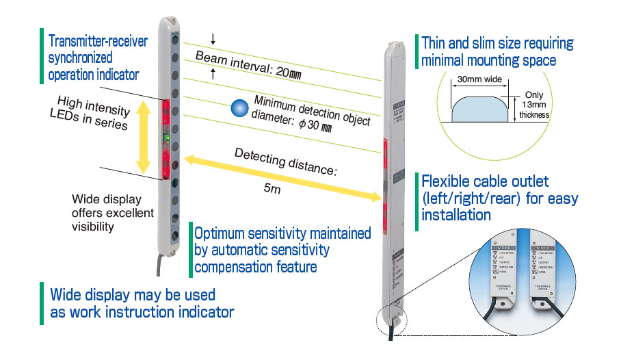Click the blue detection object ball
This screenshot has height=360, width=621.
click(x=239, y=108)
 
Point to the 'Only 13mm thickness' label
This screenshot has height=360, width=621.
click(x=536, y=105)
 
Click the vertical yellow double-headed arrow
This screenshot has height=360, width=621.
click(x=143, y=137)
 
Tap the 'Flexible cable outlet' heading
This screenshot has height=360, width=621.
click(x=499, y=198)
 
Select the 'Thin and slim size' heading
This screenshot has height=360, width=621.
click(x=497, y=51)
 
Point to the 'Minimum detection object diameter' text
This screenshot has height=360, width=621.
click(x=311, y=112)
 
